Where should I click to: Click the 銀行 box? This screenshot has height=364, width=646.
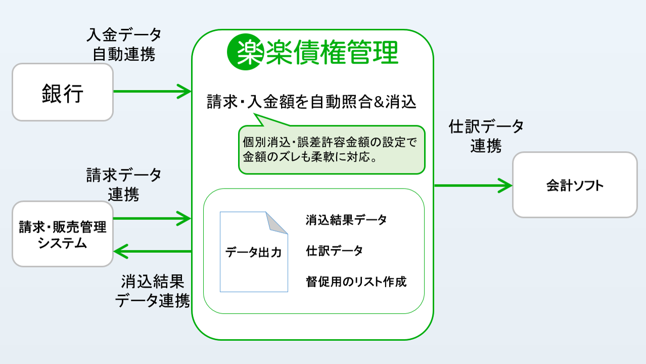click(x=62, y=92)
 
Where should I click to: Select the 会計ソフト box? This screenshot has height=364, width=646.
click(x=575, y=185)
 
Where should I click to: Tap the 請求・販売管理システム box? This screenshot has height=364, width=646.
click(x=63, y=234)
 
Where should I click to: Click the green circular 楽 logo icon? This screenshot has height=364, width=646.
click(x=246, y=51)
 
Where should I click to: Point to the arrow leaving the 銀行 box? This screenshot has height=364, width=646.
click(x=152, y=92)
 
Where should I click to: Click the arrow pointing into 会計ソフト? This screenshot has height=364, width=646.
click(x=473, y=185)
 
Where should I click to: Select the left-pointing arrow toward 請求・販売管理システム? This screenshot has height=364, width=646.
click(x=152, y=251)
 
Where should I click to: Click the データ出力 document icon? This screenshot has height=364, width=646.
click(x=253, y=252)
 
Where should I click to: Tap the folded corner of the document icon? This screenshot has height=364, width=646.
click(x=278, y=222)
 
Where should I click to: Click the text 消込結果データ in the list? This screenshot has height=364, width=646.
click(x=346, y=220)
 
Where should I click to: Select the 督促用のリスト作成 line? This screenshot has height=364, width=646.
click(x=356, y=281)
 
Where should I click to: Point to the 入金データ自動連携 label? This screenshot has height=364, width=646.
click(x=124, y=44)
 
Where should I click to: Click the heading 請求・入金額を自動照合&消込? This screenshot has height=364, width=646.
click(x=311, y=102)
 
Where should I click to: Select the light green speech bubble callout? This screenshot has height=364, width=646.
click(x=332, y=150)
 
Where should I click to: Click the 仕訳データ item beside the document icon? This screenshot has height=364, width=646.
click(x=334, y=251)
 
